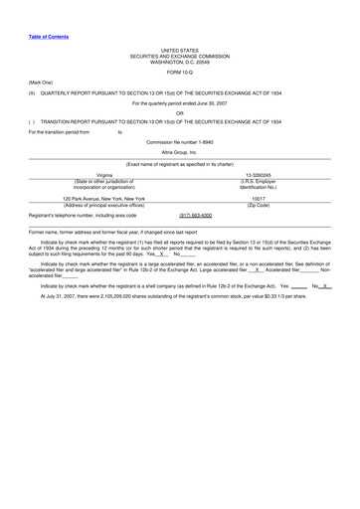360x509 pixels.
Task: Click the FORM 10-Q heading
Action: click(x=180, y=73)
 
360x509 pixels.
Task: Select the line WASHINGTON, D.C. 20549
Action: click(x=180, y=63)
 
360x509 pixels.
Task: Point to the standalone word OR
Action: click(x=180, y=112)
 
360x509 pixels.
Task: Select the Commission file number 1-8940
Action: click(x=180, y=142)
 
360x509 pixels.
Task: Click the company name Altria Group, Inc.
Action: click(x=180, y=152)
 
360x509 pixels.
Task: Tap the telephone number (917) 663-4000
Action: click(x=195, y=215)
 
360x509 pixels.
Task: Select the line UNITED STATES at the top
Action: click(x=180, y=49)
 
